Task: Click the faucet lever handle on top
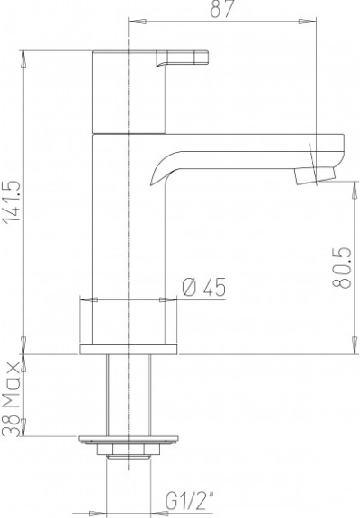point(187,59)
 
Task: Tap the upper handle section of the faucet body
point(131,90)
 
